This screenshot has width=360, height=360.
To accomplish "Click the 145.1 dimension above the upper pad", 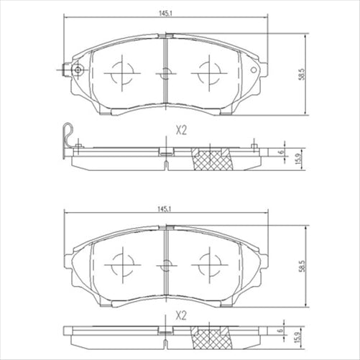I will point(165,11).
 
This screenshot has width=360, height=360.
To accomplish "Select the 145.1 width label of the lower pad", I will point(165,208).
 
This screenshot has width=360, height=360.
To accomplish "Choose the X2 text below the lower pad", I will point(181,315).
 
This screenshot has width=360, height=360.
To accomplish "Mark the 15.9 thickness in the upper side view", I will point(296,157).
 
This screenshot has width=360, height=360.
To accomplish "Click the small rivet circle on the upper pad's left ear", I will point(77,70).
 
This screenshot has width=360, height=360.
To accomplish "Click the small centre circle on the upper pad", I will point(166,73).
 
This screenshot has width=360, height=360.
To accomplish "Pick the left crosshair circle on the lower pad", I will point(121,263).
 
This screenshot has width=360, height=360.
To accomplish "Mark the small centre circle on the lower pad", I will point(166,264).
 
